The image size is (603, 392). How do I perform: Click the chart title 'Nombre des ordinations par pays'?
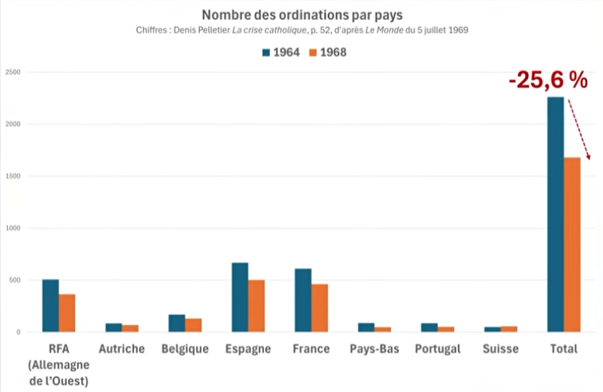pyautogui.click(x=301, y=15)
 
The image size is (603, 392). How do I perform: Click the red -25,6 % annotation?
pyautogui.click(x=548, y=80)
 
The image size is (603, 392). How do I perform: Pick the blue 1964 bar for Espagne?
pyautogui.click(x=240, y=296)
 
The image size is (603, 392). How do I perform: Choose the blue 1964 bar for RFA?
pyautogui.click(x=50, y=305)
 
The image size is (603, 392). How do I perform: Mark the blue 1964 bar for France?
pyautogui.click(x=303, y=300)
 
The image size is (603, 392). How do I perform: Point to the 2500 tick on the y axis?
pyautogui.click(x=12, y=73)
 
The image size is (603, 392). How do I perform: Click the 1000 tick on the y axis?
pyautogui.click(x=12, y=229)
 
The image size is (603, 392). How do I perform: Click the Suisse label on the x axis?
pyautogui.click(x=500, y=349)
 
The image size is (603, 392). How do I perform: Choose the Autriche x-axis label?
pyautogui.click(x=122, y=349)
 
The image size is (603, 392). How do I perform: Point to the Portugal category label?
pyautogui.click(x=437, y=349)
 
